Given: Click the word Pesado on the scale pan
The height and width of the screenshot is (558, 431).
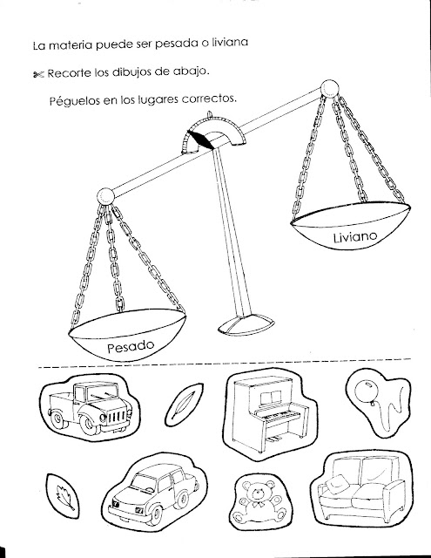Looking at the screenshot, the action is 131,347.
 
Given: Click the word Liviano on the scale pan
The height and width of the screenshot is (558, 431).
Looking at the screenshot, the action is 355,237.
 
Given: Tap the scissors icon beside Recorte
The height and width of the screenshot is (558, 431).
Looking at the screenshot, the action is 37,74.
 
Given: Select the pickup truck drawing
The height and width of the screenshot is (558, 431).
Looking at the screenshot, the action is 91,407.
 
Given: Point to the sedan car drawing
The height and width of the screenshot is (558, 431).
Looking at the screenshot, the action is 152,494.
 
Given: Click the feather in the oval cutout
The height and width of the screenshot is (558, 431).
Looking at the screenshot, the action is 184,405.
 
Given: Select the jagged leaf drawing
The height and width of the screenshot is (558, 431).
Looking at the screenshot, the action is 64,497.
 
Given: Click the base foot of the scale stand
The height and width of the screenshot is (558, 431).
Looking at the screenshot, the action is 246,323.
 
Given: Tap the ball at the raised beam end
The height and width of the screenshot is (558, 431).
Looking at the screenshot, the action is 329,88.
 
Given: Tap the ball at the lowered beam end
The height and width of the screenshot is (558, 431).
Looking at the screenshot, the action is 105,196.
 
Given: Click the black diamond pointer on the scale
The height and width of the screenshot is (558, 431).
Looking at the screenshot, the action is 200,139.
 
